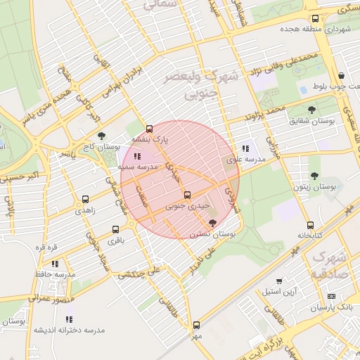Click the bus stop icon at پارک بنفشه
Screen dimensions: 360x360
click(149, 129)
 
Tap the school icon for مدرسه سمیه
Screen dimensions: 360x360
click(136, 156)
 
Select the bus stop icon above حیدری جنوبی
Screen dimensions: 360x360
click(186, 195)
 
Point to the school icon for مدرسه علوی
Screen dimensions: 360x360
click(245, 148)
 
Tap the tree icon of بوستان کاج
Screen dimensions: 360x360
click(101, 136)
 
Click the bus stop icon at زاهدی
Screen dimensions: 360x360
click(86, 199)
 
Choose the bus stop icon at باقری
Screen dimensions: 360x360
click(115, 229)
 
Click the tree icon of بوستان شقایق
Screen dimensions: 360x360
click(312, 109)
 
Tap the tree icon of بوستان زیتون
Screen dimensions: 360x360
click(314, 176)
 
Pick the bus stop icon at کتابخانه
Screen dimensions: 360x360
click(310, 225)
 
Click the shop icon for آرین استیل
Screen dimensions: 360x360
click(279, 281)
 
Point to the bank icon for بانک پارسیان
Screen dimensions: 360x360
click(331, 296)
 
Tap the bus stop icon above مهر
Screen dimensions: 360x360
click(195, 325)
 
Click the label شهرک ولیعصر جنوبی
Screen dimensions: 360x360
click(200, 83)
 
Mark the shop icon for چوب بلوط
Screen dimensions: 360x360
click(341, 76)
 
